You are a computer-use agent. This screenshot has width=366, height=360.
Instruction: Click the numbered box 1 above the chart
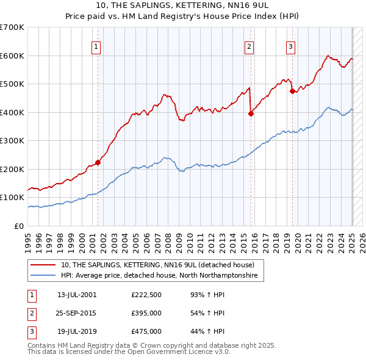(x=97, y=46)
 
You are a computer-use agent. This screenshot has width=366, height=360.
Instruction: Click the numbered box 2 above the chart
(x=249, y=46)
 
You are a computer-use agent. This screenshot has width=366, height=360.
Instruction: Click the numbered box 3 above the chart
(x=290, y=46)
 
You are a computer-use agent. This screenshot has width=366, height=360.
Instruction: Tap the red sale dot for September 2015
(x=251, y=113)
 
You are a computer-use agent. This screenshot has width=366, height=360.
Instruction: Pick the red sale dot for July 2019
(x=292, y=91)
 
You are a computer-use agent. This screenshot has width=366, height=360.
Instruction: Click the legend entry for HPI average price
(x=159, y=276)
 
